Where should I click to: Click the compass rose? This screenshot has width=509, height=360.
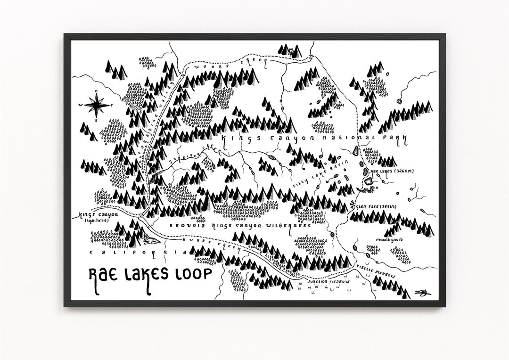tap(96, 105)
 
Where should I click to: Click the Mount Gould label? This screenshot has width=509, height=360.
tap(389, 239)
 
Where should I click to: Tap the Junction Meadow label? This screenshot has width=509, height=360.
tap(328, 282)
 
